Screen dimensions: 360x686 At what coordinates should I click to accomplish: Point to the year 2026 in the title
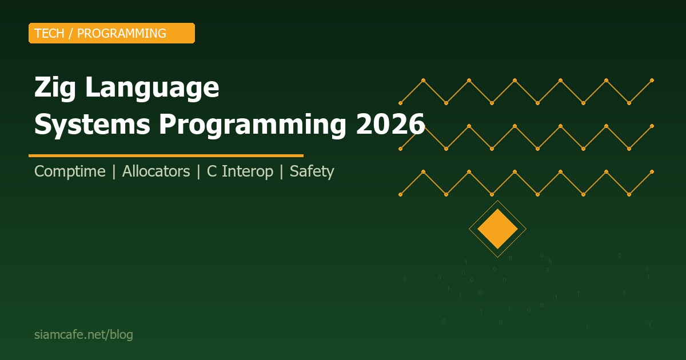coord(390,124)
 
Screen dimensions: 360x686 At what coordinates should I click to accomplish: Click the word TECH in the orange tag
coord(49,33)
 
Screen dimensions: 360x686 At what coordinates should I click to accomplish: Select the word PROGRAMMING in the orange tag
coord(121,33)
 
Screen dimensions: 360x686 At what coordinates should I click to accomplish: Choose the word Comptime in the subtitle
coord(70,171)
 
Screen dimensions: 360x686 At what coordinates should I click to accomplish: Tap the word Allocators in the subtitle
coord(156,171)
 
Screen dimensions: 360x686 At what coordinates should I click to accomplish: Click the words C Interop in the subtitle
coord(240,171)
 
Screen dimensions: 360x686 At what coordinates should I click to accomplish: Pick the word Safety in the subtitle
coord(312,171)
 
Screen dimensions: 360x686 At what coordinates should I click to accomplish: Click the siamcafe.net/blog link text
coord(83,335)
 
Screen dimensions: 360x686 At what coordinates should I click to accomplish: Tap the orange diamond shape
coord(497,229)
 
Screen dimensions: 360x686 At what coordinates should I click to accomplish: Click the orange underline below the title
coord(166,155)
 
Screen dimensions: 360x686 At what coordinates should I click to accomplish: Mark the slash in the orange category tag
coord(71,33)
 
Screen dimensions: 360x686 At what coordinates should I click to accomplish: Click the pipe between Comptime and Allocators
coord(114,171)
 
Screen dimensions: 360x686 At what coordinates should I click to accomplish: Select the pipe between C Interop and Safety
coord(281,171)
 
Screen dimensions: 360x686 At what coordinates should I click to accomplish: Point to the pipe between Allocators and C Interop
coord(198,171)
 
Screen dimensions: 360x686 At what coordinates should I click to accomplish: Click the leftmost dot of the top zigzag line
coord(400,103)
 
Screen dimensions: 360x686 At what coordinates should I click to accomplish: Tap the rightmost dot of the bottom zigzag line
coord(652,171)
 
